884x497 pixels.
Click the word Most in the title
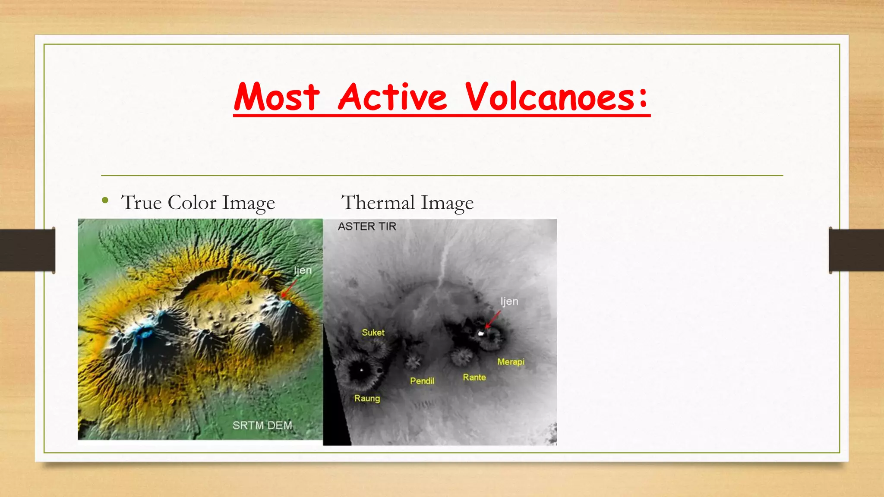pos(277,97)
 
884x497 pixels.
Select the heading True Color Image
pos(198,203)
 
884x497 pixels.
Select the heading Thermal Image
pos(407,203)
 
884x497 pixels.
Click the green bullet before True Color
pos(105,200)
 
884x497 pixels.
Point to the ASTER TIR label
pos(367,226)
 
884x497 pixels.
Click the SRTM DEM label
pos(262,425)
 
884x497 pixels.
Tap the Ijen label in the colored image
pos(303,271)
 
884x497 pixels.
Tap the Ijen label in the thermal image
pos(509,302)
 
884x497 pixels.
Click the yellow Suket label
pos(373,333)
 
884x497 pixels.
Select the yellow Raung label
pos(367,398)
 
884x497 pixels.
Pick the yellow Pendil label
pos(422,381)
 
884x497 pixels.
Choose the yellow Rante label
pos(474,377)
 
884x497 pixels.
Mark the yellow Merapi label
pos(511,362)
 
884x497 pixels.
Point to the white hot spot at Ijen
pos(481,333)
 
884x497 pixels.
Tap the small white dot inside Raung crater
pos(361,370)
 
